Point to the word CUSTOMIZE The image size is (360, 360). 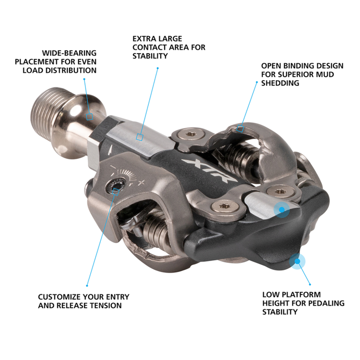pyautogui.click(x=60, y=297)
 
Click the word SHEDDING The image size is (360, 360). pyautogui.click(x=280, y=83)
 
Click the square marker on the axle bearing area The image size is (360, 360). pyautogui.click(x=89, y=116)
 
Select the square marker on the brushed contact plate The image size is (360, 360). pyautogui.click(x=139, y=137)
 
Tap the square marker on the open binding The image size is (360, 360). pyautogui.click(x=240, y=129)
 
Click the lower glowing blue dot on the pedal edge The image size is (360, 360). pyautogui.click(x=298, y=261)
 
